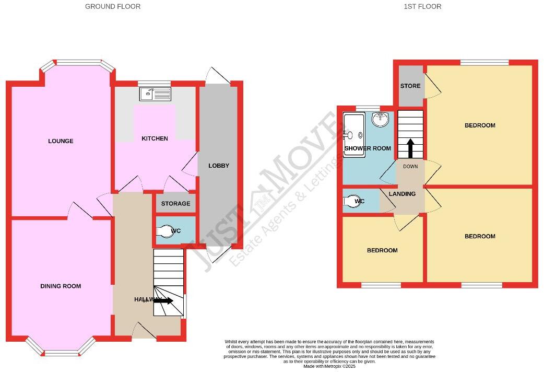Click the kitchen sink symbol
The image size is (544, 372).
[155, 94]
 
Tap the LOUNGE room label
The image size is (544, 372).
[61, 141]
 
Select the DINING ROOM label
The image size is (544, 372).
[61, 286]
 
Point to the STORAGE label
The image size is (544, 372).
[175, 204]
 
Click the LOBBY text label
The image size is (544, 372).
[219, 166]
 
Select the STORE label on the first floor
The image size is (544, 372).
[410, 86]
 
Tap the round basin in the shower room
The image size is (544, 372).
[381, 120]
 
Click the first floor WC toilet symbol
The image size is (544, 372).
[352, 201]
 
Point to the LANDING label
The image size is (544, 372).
[403, 194]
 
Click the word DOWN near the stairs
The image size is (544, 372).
[410, 167]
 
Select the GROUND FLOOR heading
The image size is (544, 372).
[113, 7]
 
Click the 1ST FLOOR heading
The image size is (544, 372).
[422, 7]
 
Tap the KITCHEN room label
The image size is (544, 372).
[155, 138]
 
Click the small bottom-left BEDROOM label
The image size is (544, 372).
[382, 250]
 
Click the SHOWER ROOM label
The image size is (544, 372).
[368, 148]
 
